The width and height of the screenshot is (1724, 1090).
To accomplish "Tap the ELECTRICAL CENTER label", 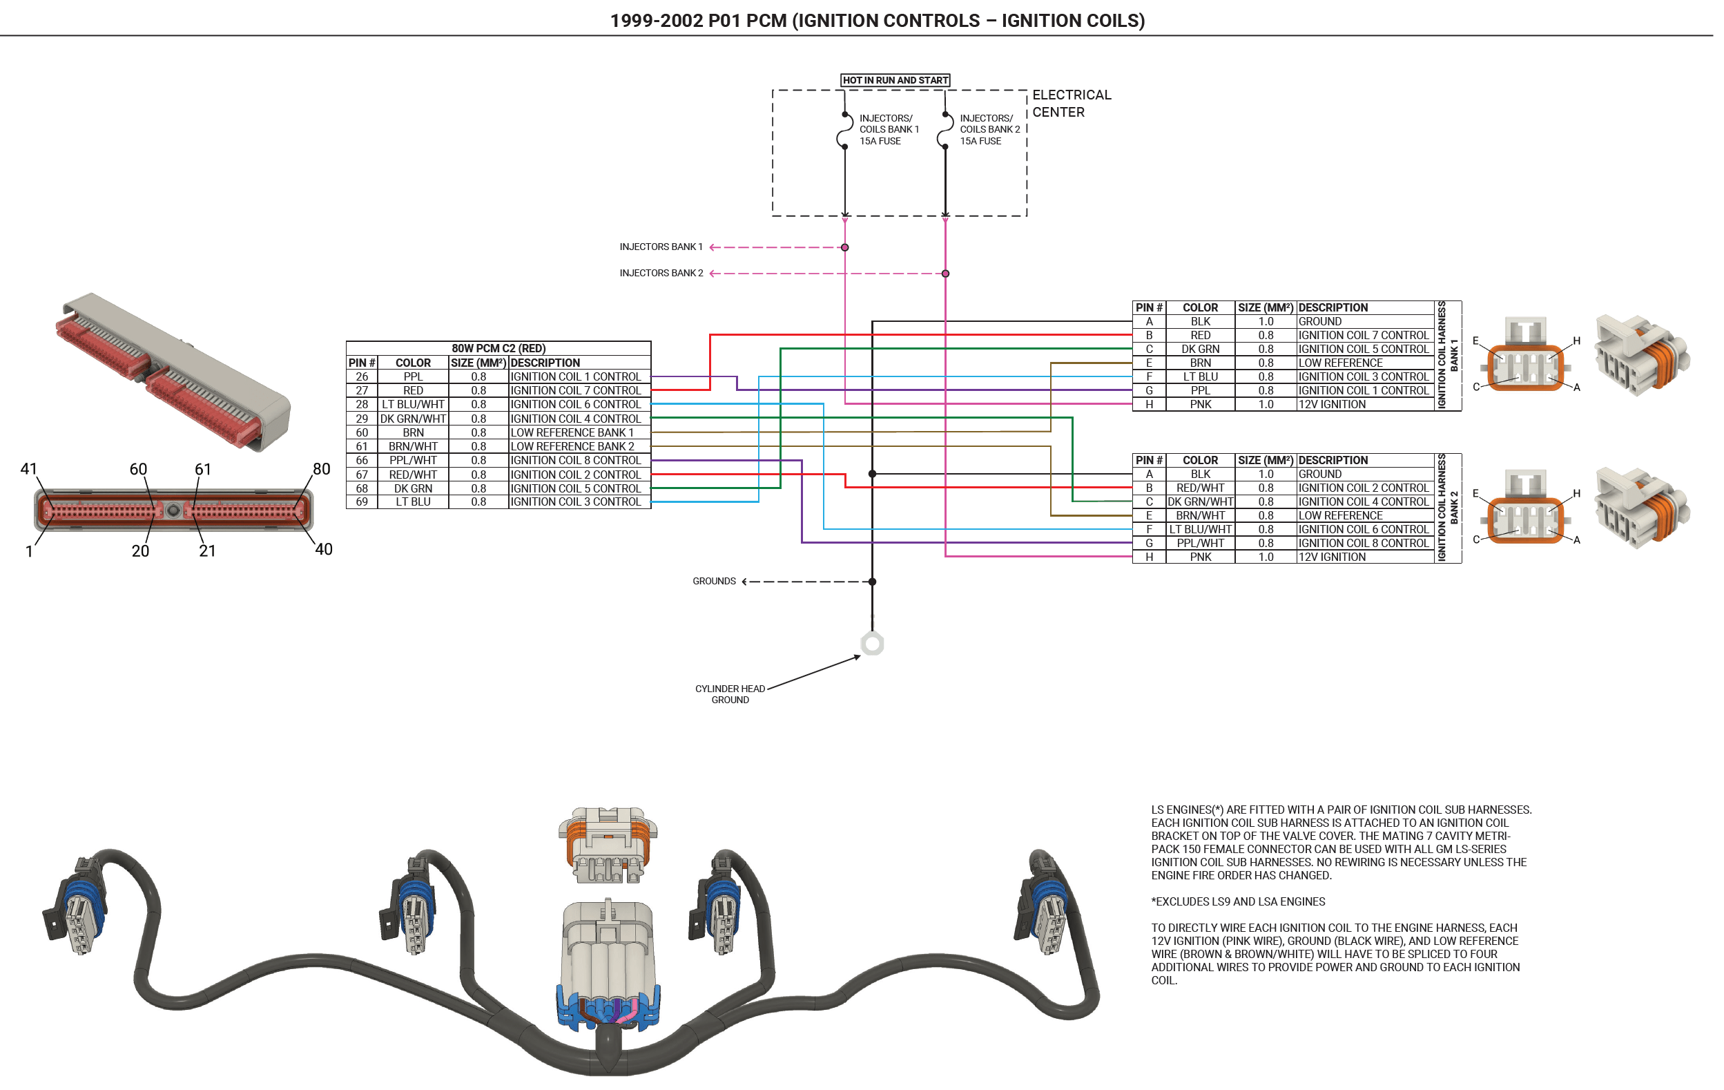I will pos(1071,103).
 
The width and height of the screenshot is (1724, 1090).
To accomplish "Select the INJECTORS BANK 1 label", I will pos(661,247).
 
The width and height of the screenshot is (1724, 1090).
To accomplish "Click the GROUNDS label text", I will pos(714,582).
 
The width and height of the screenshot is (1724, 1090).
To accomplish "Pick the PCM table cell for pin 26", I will pos(362,376).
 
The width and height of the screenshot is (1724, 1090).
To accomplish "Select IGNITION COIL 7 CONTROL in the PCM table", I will pos(576,390).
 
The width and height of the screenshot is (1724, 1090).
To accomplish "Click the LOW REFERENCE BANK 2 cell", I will pos(572,446).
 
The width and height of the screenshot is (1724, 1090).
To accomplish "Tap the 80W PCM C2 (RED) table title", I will pos(498,348).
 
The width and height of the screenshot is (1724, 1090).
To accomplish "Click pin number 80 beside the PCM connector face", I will pos(322,469).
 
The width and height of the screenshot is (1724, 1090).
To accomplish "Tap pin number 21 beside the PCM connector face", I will pos(208,551).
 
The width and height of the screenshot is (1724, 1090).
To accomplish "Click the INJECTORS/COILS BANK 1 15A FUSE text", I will pos(889,130).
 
